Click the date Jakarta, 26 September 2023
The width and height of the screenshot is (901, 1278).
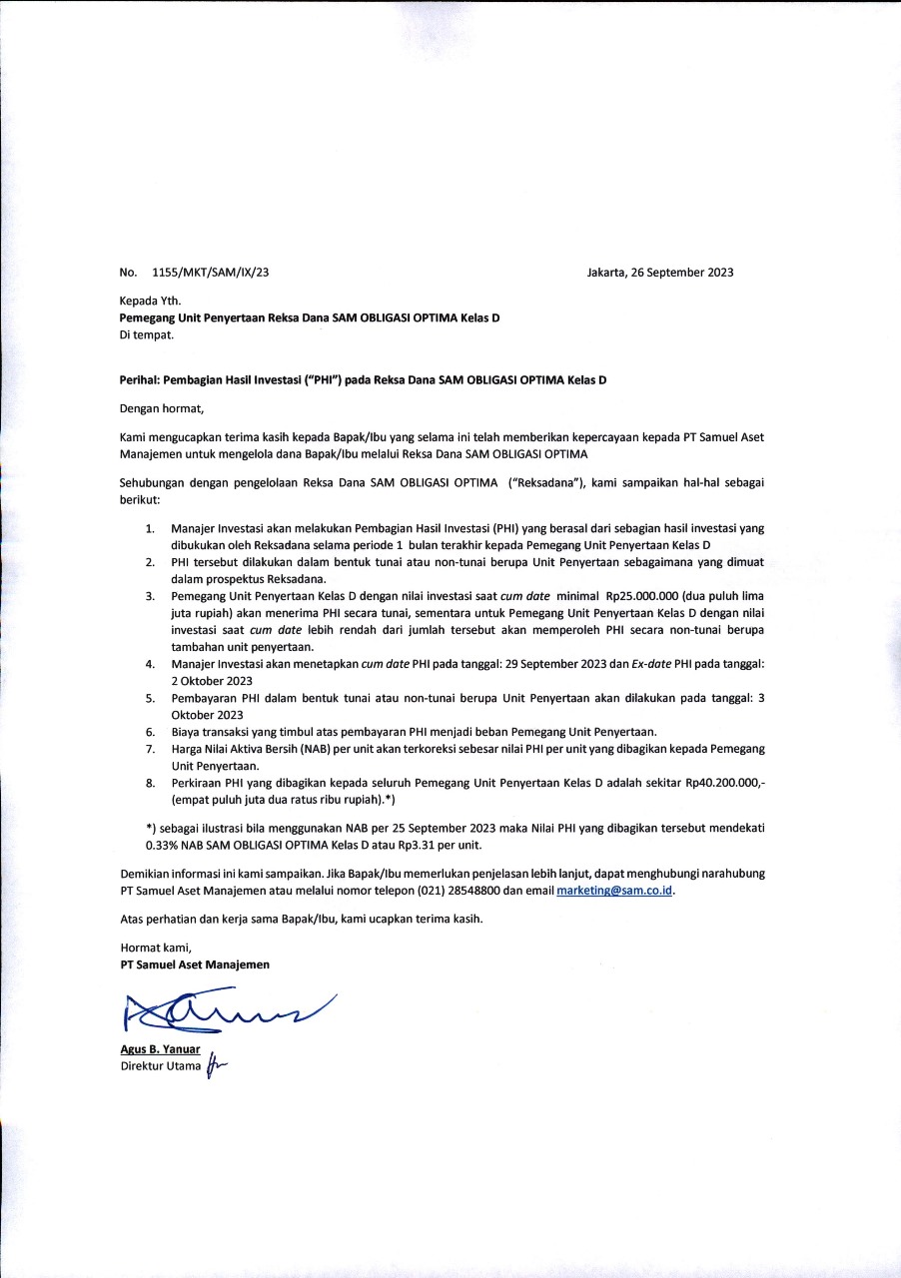point(660,273)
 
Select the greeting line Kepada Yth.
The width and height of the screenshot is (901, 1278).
point(151,301)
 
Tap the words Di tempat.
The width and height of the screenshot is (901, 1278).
point(146,334)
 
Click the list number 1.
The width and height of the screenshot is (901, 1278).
point(150,527)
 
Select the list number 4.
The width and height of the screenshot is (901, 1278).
point(150,663)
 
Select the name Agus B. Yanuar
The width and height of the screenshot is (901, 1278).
point(159,1049)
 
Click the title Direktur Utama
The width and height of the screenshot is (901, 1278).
point(160,1066)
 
